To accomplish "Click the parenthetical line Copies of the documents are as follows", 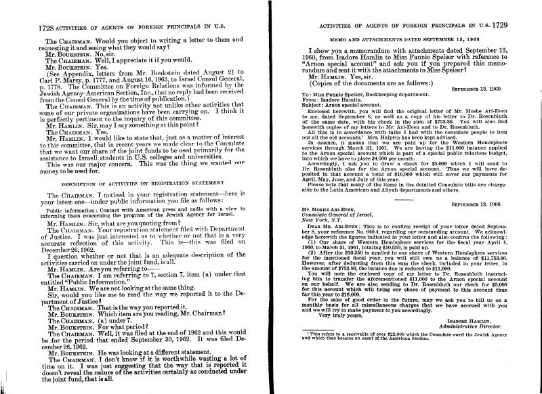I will point(373,82).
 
